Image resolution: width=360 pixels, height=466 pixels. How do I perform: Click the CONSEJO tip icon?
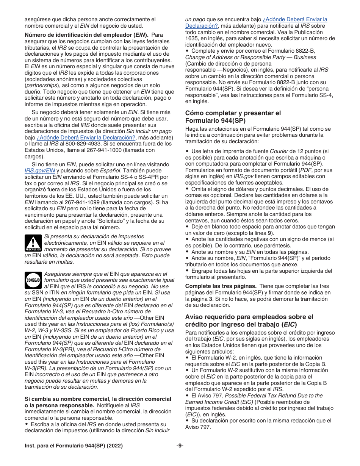coord(33,280)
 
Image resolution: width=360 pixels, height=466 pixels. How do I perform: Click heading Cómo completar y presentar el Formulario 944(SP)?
coord(233,117)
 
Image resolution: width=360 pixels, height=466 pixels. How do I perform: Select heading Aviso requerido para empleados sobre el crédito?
coord(249,321)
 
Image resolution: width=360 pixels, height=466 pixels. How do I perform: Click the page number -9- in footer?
coord(180,446)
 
